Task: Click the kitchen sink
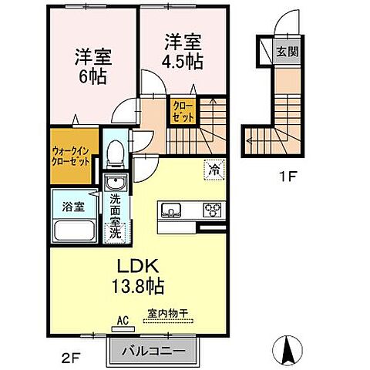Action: pyautogui.click(x=171, y=210)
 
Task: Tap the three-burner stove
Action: pyautogui.click(x=212, y=210)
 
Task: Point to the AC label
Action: pyautogui.click(x=122, y=318)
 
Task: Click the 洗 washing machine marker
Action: pyautogui.click(x=116, y=231)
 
